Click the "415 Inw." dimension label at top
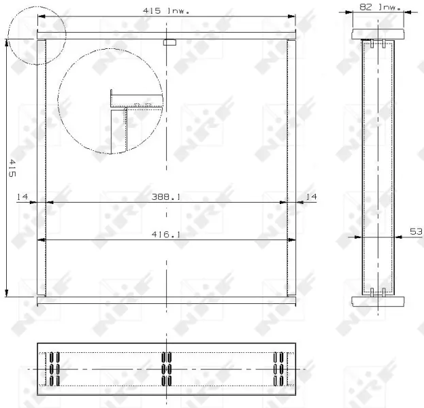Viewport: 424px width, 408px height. point(166,11)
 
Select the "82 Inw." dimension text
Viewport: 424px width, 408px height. point(380,7)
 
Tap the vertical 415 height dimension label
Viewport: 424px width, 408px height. point(12,168)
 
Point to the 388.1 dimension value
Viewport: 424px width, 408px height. point(166,197)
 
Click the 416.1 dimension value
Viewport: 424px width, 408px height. point(166,235)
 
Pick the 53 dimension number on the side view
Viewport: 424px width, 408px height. point(416,232)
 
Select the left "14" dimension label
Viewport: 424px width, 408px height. point(22,197)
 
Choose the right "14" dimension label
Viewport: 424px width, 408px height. point(311,197)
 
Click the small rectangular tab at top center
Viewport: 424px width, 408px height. point(170,42)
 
